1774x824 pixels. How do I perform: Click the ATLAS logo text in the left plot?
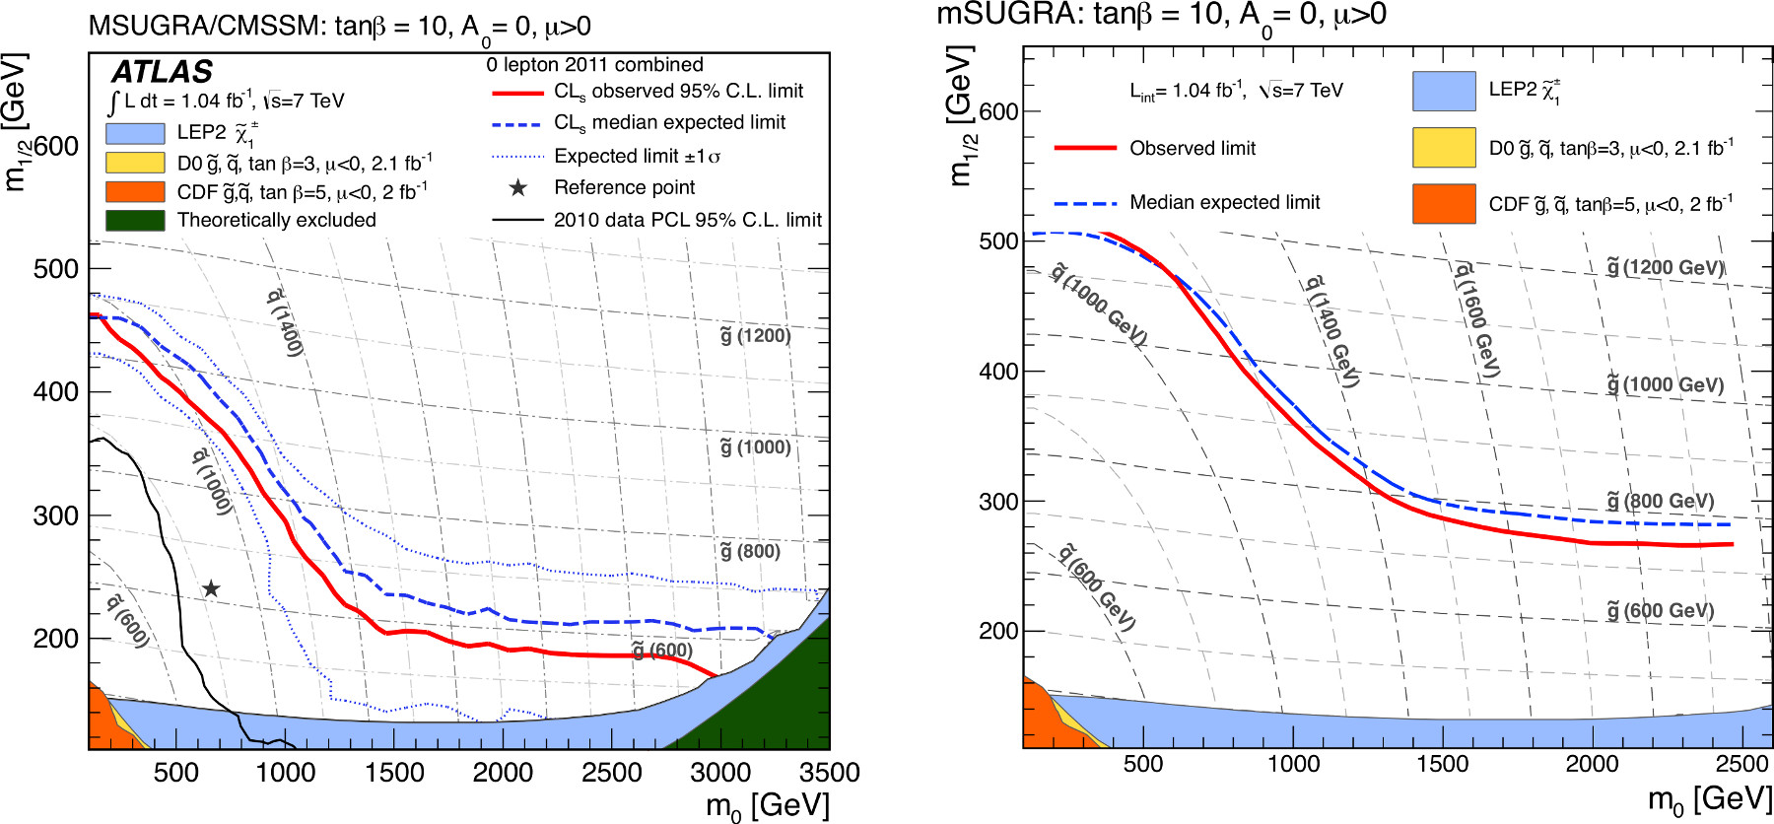(162, 72)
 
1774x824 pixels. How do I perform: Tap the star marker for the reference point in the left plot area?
(211, 588)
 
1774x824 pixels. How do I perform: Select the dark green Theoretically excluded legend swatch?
(135, 220)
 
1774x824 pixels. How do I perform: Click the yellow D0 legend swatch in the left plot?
(135, 163)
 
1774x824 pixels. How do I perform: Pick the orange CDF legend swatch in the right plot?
(1444, 204)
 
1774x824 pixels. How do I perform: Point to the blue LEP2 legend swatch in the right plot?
(1444, 91)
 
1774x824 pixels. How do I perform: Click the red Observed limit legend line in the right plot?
(1085, 148)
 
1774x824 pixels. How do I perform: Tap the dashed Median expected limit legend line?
(1085, 203)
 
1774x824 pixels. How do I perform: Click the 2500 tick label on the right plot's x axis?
(1741, 764)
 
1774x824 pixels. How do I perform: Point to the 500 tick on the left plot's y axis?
(56, 269)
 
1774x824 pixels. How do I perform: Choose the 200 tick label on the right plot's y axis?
(998, 631)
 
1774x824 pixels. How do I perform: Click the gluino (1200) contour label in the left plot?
(755, 336)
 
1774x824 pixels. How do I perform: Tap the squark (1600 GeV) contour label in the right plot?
(1477, 319)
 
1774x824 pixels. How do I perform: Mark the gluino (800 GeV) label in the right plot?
(1661, 502)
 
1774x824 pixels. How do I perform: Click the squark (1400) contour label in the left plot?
(284, 322)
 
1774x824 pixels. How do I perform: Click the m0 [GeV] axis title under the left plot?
(768, 806)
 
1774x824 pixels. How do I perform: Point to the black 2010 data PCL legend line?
(517, 220)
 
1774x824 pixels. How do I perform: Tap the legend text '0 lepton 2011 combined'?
(594, 65)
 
